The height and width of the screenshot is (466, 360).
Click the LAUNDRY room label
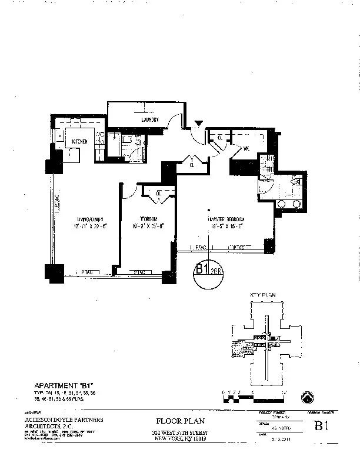(134, 120)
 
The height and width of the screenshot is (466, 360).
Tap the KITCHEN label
(80, 142)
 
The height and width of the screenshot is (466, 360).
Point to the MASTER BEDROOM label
(225, 218)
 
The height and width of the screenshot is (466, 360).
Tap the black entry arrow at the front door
(199, 124)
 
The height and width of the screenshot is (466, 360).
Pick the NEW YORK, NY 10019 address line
(179, 438)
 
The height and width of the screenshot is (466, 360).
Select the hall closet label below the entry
(192, 165)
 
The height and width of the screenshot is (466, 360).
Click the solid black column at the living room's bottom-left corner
(55, 272)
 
